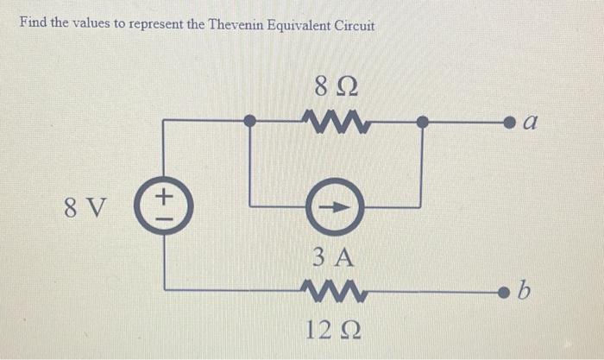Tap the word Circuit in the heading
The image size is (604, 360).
pyautogui.click(x=355, y=24)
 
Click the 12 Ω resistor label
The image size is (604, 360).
pyautogui.click(x=332, y=329)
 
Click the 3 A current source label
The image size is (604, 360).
pyautogui.click(x=333, y=256)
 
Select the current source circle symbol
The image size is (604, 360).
pyautogui.click(x=333, y=207)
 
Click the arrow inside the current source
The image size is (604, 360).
pyautogui.click(x=335, y=207)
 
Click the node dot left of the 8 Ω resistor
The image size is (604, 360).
pyautogui.click(x=249, y=122)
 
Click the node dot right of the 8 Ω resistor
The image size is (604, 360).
pyautogui.click(x=421, y=122)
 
